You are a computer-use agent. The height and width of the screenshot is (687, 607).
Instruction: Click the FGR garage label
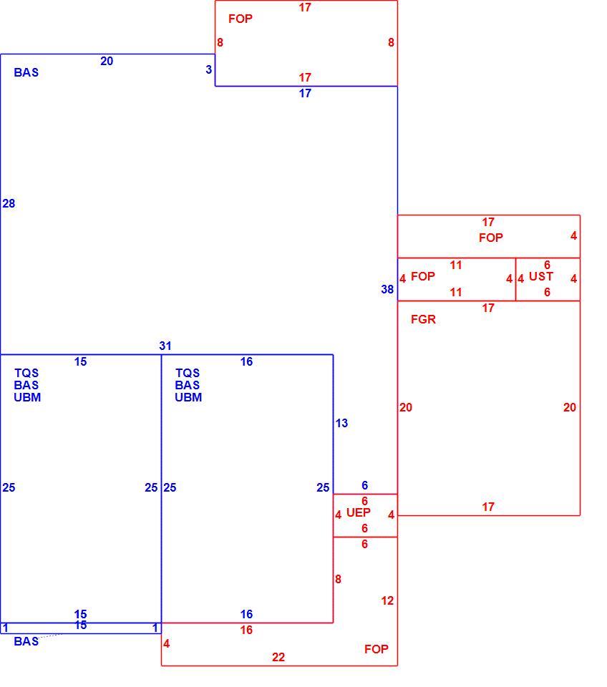click(x=423, y=319)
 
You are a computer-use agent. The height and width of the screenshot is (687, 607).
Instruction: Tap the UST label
click(x=541, y=276)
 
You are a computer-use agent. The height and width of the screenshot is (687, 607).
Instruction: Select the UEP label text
click(x=358, y=512)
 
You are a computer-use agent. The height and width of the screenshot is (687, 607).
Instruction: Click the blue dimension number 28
click(x=9, y=203)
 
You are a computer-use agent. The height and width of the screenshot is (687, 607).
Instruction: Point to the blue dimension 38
click(x=387, y=289)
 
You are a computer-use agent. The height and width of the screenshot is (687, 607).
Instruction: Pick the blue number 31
click(x=165, y=346)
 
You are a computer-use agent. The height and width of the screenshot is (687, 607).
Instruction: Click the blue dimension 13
click(x=341, y=423)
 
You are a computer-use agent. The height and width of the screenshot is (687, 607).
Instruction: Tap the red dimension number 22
click(x=278, y=657)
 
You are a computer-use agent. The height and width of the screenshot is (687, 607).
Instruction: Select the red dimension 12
click(x=387, y=600)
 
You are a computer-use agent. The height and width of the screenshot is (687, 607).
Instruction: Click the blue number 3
click(x=208, y=69)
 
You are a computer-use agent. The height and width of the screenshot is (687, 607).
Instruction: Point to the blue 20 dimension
click(x=107, y=61)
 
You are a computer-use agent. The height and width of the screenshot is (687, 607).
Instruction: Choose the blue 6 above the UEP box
click(x=364, y=485)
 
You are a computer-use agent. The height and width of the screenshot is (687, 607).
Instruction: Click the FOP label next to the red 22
click(x=376, y=649)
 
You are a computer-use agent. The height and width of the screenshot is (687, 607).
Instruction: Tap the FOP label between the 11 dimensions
click(x=422, y=276)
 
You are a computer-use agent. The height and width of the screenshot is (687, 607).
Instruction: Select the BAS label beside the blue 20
click(x=26, y=72)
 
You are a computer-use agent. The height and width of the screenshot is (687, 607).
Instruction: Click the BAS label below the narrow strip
click(x=26, y=641)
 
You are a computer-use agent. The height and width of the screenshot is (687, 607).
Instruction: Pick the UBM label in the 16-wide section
click(x=188, y=397)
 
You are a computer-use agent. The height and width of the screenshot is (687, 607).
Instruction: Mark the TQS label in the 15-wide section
click(x=26, y=373)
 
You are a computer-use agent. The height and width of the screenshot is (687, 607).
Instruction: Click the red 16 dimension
click(x=246, y=630)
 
